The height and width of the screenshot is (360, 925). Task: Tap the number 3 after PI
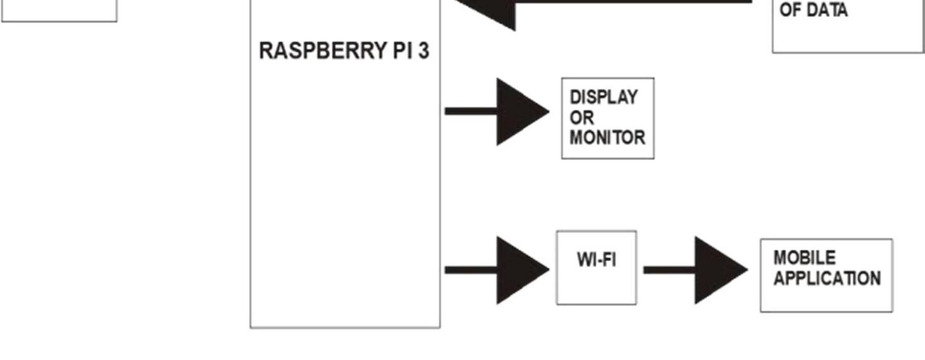point(423,51)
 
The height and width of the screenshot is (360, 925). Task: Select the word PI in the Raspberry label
point(402,51)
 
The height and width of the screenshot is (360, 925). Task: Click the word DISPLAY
point(603,98)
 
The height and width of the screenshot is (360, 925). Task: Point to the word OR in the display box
point(581,118)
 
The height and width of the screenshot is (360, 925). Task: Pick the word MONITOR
point(607,138)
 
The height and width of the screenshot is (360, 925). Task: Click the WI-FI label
point(596,259)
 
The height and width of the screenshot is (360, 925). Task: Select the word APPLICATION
point(827,279)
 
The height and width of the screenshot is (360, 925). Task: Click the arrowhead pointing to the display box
point(521,112)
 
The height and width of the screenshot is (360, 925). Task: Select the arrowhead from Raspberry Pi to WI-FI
point(521,270)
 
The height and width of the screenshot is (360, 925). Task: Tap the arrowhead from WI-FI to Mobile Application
point(719,270)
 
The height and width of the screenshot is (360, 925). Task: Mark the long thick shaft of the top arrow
point(631,2)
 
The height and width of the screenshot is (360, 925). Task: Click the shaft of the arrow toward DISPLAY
point(470,112)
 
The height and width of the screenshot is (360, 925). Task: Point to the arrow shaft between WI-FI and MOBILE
point(668,270)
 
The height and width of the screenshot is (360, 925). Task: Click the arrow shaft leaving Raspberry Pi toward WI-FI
point(470,270)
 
